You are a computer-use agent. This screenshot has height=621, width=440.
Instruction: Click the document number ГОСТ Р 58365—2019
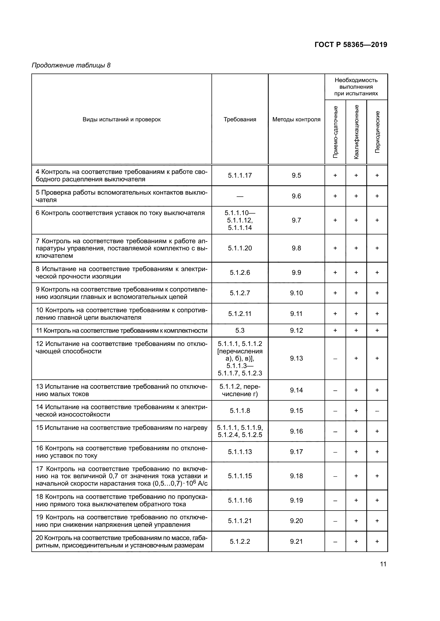point(351,45)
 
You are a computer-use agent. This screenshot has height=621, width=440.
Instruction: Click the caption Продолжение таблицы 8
point(71,66)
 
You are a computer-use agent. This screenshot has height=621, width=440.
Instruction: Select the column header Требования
point(240,119)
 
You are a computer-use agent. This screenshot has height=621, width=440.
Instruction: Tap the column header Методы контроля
point(296,119)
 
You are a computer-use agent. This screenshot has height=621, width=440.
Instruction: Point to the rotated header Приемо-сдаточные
point(335,132)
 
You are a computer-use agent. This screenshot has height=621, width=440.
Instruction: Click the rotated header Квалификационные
point(356,132)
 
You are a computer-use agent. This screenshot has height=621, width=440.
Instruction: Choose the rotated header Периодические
point(377,132)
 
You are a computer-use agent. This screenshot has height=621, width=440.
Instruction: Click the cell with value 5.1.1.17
point(240,175)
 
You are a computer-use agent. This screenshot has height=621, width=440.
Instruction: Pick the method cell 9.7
point(296,220)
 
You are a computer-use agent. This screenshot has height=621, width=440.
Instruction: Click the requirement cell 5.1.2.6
point(240,273)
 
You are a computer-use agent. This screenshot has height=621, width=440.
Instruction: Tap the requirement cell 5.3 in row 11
point(240,331)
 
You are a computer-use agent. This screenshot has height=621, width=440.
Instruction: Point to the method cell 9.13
point(296,358)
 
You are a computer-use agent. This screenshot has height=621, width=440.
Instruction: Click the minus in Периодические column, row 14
point(377,411)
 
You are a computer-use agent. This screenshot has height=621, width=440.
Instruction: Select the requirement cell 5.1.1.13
point(240,452)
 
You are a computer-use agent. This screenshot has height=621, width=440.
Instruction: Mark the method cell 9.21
point(296,541)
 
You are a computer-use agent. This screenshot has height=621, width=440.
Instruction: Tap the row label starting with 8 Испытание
point(122,273)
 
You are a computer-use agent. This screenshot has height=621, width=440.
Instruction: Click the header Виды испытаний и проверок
point(122,119)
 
